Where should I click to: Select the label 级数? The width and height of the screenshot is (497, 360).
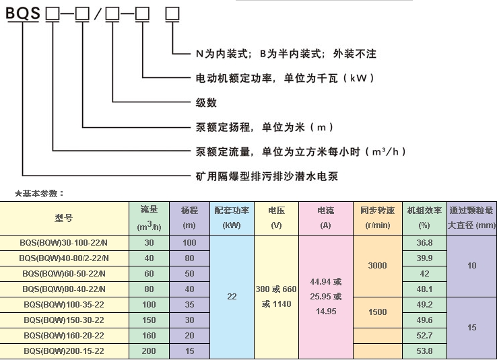[x=205, y=102]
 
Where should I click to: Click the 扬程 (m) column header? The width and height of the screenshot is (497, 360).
[x=189, y=217]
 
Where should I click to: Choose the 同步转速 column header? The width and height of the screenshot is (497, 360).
[x=377, y=217]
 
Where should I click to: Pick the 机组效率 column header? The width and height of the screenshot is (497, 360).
[x=424, y=217]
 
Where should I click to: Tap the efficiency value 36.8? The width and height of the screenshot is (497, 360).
[x=424, y=242]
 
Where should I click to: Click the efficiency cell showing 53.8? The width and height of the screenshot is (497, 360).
[x=424, y=351]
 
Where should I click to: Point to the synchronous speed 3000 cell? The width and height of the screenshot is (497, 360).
[x=377, y=266]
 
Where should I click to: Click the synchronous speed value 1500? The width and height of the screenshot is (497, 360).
[x=377, y=312]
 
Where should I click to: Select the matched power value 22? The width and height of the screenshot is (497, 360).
[x=231, y=296]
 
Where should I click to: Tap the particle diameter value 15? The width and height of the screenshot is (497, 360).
[x=471, y=328]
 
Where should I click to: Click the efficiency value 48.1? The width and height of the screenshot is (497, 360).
[x=424, y=289]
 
